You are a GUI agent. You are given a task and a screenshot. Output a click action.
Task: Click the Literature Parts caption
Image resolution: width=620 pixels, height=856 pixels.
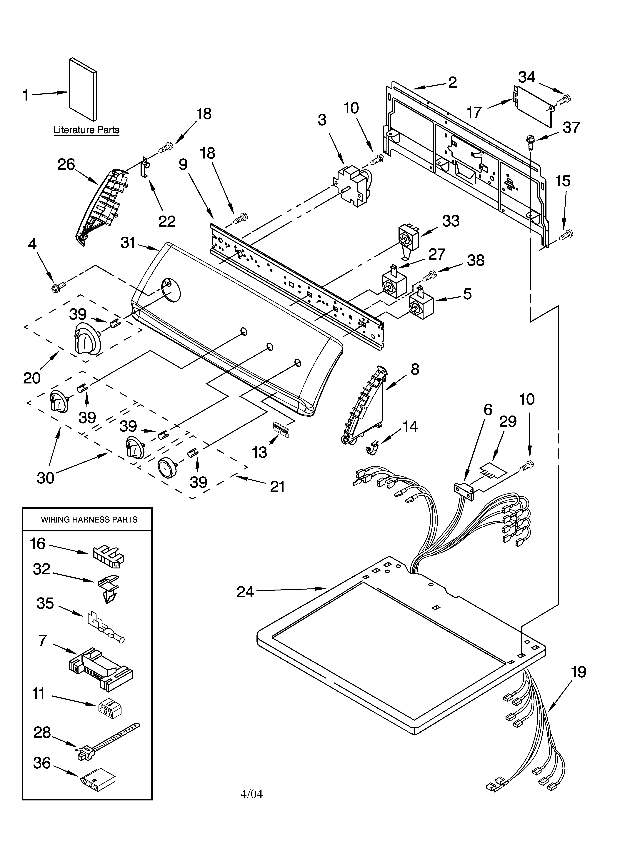coord(86,130)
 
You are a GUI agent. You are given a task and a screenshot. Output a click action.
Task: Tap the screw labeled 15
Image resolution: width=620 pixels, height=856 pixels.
coord(566,235)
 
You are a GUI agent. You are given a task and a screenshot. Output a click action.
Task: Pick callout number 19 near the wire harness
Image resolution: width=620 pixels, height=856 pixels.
coord(578,672)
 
